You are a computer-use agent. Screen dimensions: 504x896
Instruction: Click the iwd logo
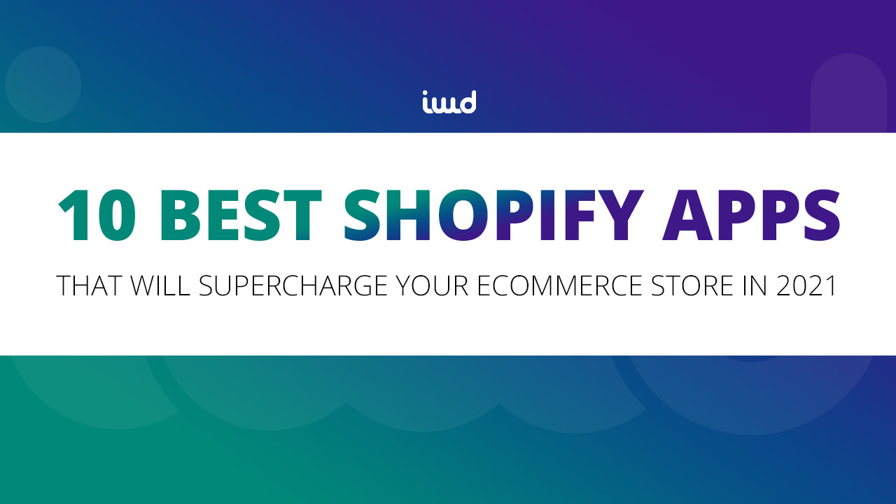449,102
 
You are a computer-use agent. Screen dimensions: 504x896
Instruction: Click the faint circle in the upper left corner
43,85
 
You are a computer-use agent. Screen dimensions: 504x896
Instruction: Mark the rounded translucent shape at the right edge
848,94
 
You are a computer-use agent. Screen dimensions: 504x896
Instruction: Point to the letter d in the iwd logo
467,101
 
